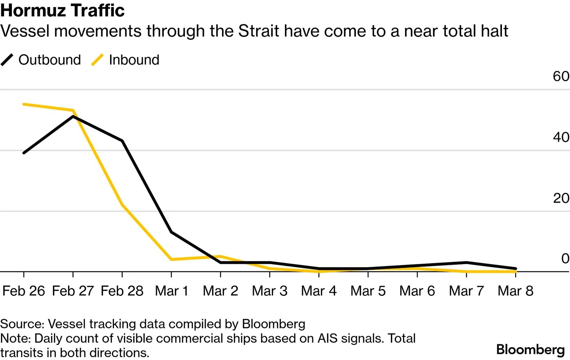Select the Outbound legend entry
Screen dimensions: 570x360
41,60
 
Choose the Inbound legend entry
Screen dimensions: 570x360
125,60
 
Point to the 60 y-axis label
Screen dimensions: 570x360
561,76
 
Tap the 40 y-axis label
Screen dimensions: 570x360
561,137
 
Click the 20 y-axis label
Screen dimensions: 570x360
561,198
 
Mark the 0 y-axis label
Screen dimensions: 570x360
565,258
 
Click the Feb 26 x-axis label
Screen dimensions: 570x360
24,291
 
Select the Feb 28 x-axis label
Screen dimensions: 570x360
122,291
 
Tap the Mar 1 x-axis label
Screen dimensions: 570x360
171,291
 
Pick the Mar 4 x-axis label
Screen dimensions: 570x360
319,291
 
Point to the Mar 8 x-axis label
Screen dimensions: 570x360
515,291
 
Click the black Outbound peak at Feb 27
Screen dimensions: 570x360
73,116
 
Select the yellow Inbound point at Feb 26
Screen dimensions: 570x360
24,104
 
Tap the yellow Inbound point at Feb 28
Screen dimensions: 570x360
122,205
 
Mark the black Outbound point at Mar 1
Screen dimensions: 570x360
171,232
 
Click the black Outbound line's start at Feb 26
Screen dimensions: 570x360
24,153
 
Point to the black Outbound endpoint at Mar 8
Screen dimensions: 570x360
515,268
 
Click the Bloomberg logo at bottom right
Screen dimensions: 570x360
531,350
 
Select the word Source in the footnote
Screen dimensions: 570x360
22,324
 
